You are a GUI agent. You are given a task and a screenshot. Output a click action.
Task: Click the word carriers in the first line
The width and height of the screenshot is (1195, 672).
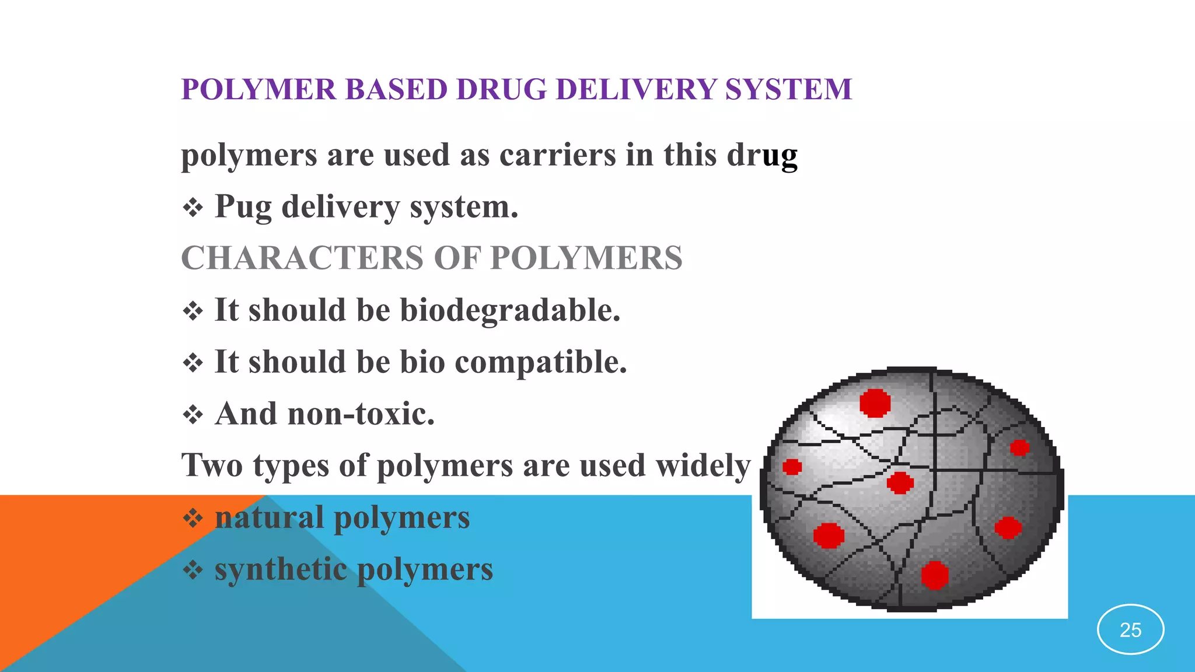click(x=557, y=155)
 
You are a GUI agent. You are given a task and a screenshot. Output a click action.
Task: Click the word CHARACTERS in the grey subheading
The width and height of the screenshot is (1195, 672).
click(x=302, y=258)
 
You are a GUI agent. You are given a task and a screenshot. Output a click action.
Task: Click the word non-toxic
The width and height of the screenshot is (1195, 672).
click(x=361, y=414)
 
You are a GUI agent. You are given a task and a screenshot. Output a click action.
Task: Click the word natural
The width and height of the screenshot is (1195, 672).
click(x=269, y=517)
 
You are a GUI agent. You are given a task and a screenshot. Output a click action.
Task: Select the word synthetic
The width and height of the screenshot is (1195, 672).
click(x=281, y=569)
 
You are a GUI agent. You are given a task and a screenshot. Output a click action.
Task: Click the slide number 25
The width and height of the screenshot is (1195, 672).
click(x=1130, y=630)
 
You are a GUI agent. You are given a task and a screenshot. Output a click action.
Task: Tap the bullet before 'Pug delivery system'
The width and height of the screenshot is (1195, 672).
click(x=193, y=208)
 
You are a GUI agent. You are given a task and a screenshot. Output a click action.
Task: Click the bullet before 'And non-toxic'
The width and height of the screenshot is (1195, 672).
click(x=193, y=415)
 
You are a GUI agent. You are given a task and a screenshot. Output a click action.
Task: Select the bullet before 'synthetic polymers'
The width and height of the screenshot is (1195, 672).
click(x=193, y=570)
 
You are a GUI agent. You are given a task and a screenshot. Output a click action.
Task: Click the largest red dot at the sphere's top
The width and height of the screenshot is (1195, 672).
click(x=875, y=402)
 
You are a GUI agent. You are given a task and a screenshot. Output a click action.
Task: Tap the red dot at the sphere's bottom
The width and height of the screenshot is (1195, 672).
click(x=934, y=575)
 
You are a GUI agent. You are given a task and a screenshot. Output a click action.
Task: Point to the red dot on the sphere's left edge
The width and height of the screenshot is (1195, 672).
click(x=792, y=467)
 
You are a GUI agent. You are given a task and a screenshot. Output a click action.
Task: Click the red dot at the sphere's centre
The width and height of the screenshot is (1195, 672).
click(x=900, y=483)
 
